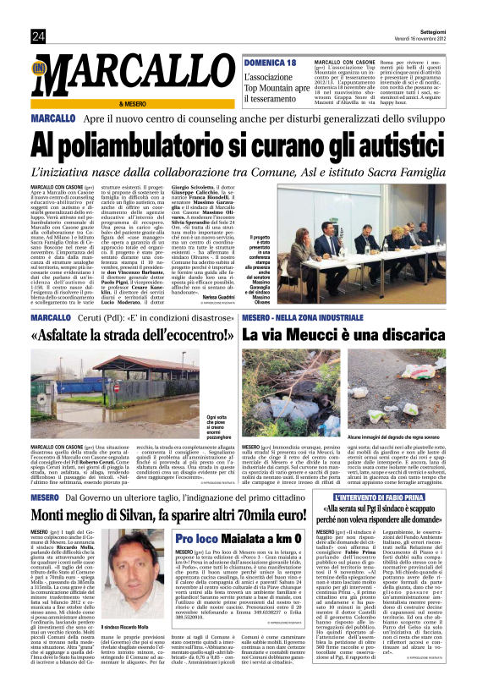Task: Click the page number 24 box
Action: coord(38,35)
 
